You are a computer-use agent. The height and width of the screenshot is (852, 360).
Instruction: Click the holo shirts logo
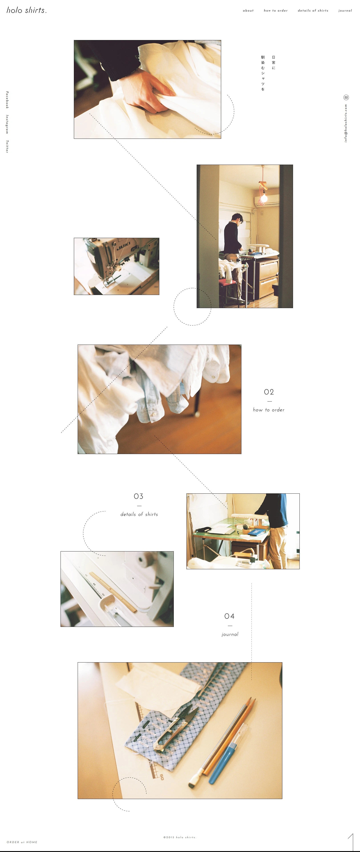click(x=26, y=10)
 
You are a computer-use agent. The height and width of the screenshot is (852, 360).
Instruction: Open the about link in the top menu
click(x=248, y=11)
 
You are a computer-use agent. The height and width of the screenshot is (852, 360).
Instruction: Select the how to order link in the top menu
click(x=276, y=11)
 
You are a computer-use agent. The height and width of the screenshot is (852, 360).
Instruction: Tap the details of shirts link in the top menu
click(x=313, y=11)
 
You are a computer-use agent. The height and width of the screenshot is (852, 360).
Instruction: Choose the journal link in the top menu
click(x=345, y=11)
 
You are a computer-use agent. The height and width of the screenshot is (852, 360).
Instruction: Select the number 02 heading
click(x=269, y=392)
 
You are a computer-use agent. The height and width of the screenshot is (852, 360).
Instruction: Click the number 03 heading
click(x=139, y=496)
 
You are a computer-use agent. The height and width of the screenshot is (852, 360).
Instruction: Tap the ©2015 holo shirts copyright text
click(x=180, y=838)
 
